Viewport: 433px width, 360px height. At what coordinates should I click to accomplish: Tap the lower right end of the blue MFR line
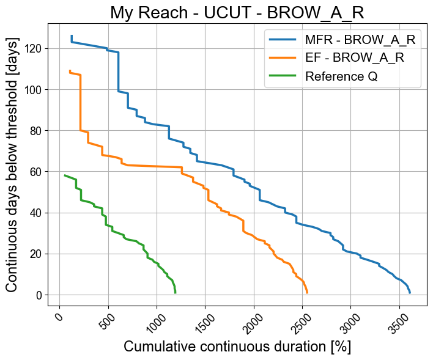pos(410,293)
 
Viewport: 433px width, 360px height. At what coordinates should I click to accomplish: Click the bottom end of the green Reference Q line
pos(176,293)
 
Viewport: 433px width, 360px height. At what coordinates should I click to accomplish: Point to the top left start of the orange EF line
pos(70,71)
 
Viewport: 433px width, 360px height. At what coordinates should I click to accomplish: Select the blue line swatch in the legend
pos(283,40)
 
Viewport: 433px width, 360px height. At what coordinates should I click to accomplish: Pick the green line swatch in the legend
pos(283,76)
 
